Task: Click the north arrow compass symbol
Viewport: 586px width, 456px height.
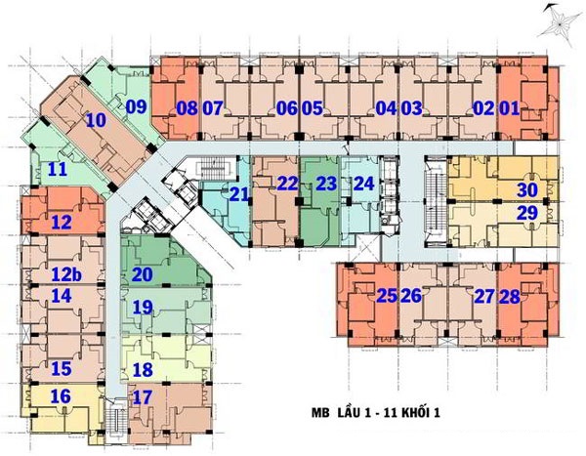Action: [x=558, y=23]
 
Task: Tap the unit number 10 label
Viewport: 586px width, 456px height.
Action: [x=96, y=120]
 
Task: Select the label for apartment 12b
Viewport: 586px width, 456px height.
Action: [x=66, y=274]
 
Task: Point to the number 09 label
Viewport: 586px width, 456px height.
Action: [x=136, y=106]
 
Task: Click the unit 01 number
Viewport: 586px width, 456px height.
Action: [x=510, y=108]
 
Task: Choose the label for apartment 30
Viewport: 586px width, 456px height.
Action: [x=527, y=189]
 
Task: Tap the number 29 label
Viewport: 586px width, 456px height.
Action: [x=527, y=213]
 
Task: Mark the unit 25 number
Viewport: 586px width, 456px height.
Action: [x=387, y=296]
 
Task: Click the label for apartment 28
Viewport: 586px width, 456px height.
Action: [x=510, y=297]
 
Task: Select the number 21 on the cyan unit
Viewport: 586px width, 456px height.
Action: [x=239, y=194]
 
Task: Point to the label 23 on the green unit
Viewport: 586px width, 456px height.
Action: [x=326, y=184]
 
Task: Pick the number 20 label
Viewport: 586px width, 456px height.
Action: [x=143, y=274]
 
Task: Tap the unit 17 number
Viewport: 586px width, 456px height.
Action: [x=143, y=397]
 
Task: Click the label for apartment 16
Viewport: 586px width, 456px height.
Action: [x=61, y=396]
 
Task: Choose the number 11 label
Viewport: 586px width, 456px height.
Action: [x=58, y=169]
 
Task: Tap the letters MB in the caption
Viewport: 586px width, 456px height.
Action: [x=320, y=413]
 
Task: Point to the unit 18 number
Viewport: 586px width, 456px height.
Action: [x=143, y=370]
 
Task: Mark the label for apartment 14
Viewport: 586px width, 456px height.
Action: [x=62, y=295]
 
